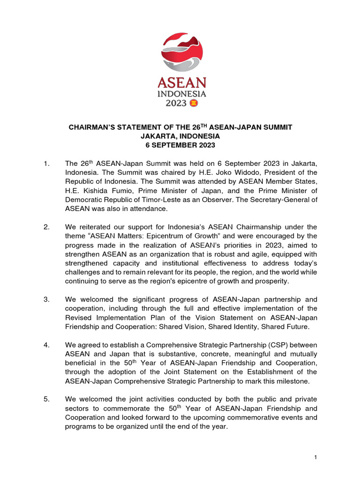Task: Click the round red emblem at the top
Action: tap(181, 52)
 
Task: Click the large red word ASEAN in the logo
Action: tap(181, 84)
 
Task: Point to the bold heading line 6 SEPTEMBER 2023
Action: tap(181, 145)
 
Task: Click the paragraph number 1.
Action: tap(46, 163)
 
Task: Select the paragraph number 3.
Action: tap(46, 299)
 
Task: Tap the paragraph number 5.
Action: tap(46, 399)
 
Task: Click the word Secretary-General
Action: tap(279, 199)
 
